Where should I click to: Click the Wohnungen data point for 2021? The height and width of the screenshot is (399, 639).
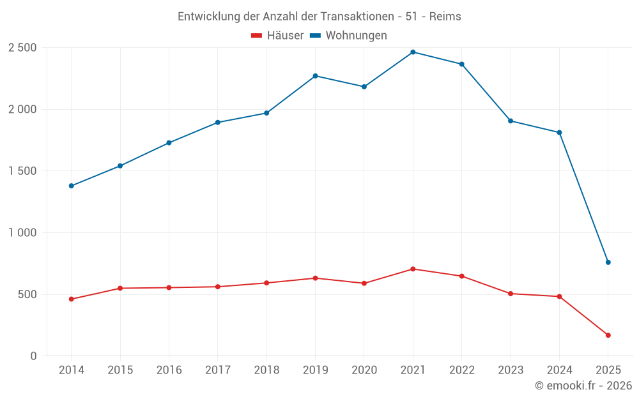413,52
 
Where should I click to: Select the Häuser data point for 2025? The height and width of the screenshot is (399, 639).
608,335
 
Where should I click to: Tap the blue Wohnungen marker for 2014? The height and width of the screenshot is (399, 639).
71,186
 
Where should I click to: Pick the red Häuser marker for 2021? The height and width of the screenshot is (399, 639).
413,269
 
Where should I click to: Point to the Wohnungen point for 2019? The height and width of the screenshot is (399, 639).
315,76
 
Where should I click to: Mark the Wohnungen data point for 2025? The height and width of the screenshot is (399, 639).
608,262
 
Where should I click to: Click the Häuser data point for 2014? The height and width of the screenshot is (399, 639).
71,299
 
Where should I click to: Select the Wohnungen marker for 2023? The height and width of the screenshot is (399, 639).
511,121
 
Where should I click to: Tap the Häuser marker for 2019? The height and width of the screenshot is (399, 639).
315,278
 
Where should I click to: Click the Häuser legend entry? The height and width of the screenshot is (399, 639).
277,36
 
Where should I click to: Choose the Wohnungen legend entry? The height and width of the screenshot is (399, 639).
349,36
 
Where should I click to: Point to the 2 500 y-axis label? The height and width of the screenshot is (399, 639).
22,48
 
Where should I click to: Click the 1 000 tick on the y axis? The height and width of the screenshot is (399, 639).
22,233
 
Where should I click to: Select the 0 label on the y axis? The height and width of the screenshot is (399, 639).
34,356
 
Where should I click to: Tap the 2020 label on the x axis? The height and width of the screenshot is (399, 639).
364,370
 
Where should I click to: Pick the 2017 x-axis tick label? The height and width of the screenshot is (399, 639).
217,370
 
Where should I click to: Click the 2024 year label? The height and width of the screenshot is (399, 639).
559,370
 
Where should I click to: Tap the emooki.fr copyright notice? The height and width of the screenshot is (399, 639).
583,386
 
